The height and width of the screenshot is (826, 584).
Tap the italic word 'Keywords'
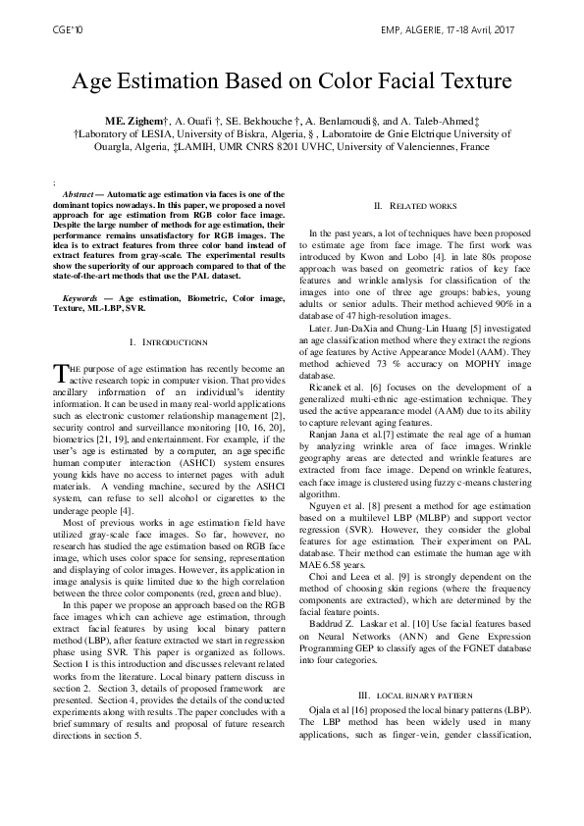[80, 268]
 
